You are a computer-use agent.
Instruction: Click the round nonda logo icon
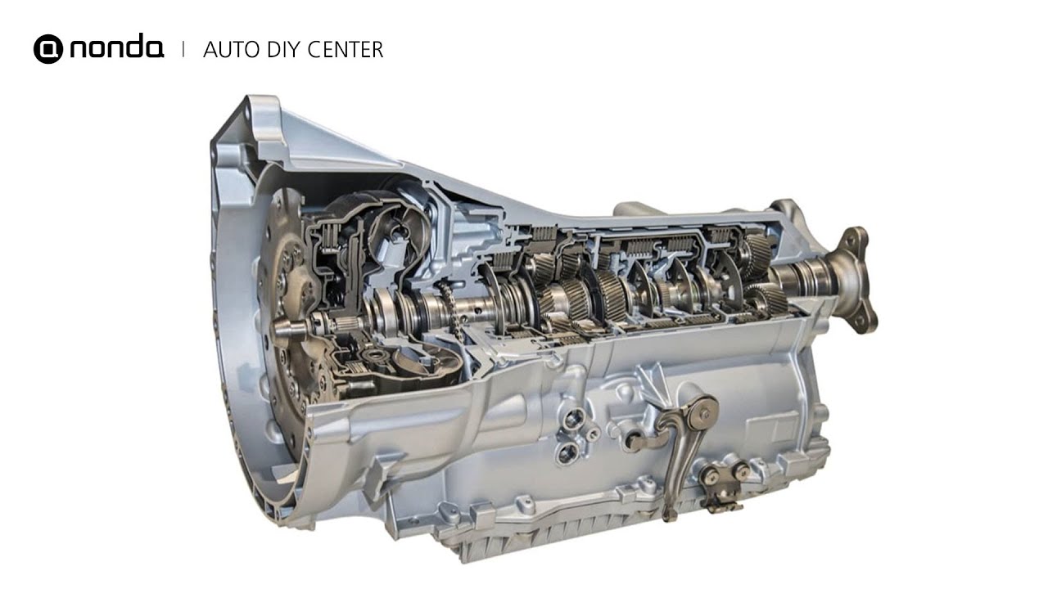point(48,48)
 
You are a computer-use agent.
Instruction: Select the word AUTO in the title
point(231,50)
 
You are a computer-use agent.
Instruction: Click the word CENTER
point(346,50)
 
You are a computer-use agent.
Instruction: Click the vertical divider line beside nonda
point(183,48)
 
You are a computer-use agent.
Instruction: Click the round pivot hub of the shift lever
point(702,414)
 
